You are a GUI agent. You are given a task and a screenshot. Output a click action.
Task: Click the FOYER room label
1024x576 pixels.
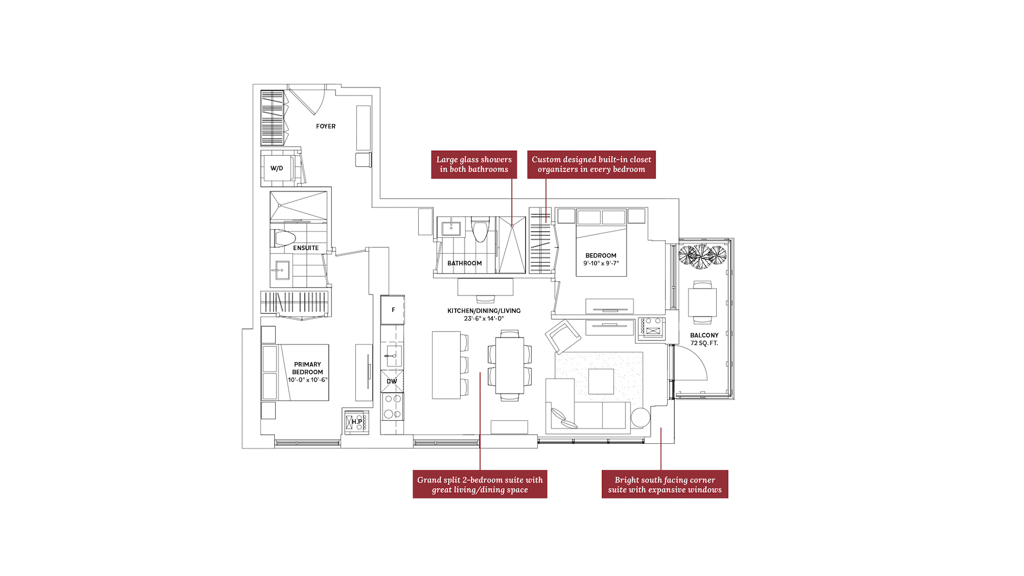(325, 126)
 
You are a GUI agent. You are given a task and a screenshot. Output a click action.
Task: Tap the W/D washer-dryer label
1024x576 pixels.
(276, 169)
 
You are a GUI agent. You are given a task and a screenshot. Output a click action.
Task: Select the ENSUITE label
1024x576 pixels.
(306, 248)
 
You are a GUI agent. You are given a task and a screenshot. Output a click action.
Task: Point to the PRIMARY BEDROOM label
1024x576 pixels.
(307, 369)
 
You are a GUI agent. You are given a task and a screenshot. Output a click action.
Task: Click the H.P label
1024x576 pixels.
(357, 422)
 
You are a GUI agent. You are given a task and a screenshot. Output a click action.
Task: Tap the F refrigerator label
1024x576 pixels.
(394, 310)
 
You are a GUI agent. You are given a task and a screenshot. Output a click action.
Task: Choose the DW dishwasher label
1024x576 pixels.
(392, 381)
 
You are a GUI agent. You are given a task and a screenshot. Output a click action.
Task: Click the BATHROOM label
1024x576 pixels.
(465, 263)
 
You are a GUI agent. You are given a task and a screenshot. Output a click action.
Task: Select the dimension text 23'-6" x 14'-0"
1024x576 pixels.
(484, 318)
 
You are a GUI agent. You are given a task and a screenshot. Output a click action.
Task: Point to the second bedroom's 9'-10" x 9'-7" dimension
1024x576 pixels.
(601, 263)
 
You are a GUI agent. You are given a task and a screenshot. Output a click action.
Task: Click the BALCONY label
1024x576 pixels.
(704, 335)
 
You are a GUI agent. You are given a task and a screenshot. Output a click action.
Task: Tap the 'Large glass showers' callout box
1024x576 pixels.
(474, 164)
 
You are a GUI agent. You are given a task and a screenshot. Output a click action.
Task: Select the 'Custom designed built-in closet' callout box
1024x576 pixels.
(591, 164)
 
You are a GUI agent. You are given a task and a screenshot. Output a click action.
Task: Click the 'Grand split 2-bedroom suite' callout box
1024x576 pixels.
(480, 484)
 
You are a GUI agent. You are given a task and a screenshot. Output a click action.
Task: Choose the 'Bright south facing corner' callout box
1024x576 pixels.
(665, 484)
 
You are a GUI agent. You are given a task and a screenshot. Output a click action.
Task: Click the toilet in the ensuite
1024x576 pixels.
(285, 238)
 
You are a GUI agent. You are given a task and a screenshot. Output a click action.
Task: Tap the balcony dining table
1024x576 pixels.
(702, 302)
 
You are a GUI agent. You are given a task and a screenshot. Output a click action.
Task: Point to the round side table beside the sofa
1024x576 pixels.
(641, 418)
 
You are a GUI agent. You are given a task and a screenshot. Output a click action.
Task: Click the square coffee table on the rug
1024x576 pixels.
(601, 381)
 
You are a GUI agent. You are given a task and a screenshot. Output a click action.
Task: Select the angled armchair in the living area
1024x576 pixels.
(563, 336)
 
